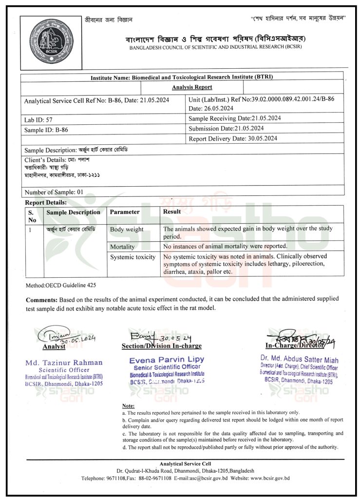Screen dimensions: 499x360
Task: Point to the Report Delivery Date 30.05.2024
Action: coord(233,139)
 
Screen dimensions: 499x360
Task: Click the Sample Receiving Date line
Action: coord(234,118)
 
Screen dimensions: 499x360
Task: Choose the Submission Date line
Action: coord(226,128)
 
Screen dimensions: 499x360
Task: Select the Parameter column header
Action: coord(125,212)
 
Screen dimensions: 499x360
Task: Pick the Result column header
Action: coord(172,211)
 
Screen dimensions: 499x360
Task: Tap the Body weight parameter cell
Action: coord(127,229)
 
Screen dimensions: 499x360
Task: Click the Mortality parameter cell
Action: coord(122,247)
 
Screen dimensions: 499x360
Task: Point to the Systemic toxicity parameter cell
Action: coord(133,257)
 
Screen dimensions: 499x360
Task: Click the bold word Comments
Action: coord(41,299)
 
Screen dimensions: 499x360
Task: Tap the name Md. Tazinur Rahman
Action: coord(64,362)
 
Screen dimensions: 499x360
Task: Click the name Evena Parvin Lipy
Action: coord(167,360)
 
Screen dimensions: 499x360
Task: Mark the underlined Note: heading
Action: coord(129,405)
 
